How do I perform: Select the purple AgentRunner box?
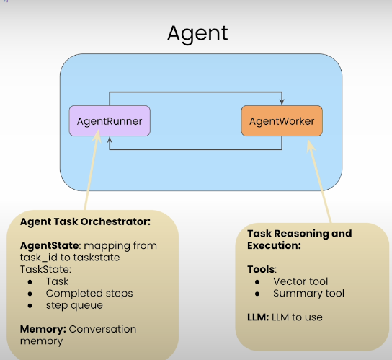pyautogui.click(x=110, y=120)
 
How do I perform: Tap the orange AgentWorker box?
pyautogui.click(x=282, y=120)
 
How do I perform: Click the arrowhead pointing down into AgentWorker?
pyautogui.click(x=282, y=102)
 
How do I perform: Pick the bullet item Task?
pyautogui.click(x=57, y=281)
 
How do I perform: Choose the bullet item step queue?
pyautogui.click(x=75, y=304)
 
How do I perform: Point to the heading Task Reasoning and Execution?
pyautogui.click(x=299, y=239)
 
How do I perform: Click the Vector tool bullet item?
pyautogui.click(x=301, y=281)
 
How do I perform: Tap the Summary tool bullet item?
pyautogui.click(x=308, y=293)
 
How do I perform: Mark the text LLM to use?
pyautogui.click(x=298, y=317)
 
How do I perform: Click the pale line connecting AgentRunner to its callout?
pyautogui.click(x=91, y=173)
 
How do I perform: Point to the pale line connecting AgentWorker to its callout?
pyautogui.click(x=321, y=180)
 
